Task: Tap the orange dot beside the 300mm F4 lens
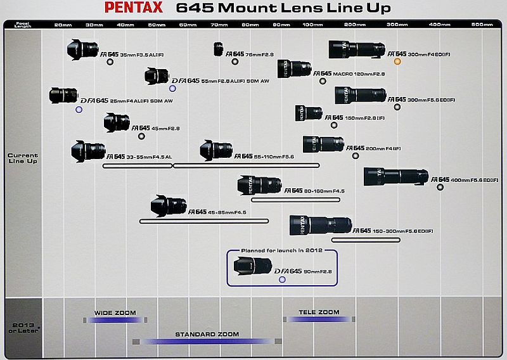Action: pyautogui.click(x=397, y=61)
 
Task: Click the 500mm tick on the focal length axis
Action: pyautogui.click(x=482, y=24)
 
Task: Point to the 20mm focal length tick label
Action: pyautogui.click(x=63, y=24)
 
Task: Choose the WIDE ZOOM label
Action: pyautogui.click(x=115, y=312)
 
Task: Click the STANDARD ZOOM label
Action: pyautogui.click(x=207, y=334)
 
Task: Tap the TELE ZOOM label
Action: pyautogui.click(x=319, y=312)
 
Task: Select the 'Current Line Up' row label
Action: pyautogui.click(x=23, y=158)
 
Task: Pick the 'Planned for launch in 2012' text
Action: pyautogui.click(x=282, y=251)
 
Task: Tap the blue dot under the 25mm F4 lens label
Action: pyautogui.click(x=79, y=110)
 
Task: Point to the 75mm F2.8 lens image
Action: pyautogui.click(x=219, y=49)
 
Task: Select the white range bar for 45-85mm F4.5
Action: pyautogui.click(x=203, y=221)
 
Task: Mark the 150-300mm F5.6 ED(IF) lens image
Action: pyautogui.click(x=321, y=226)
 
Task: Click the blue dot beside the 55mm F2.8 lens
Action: pyautogui.click(x=172, y=88)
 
